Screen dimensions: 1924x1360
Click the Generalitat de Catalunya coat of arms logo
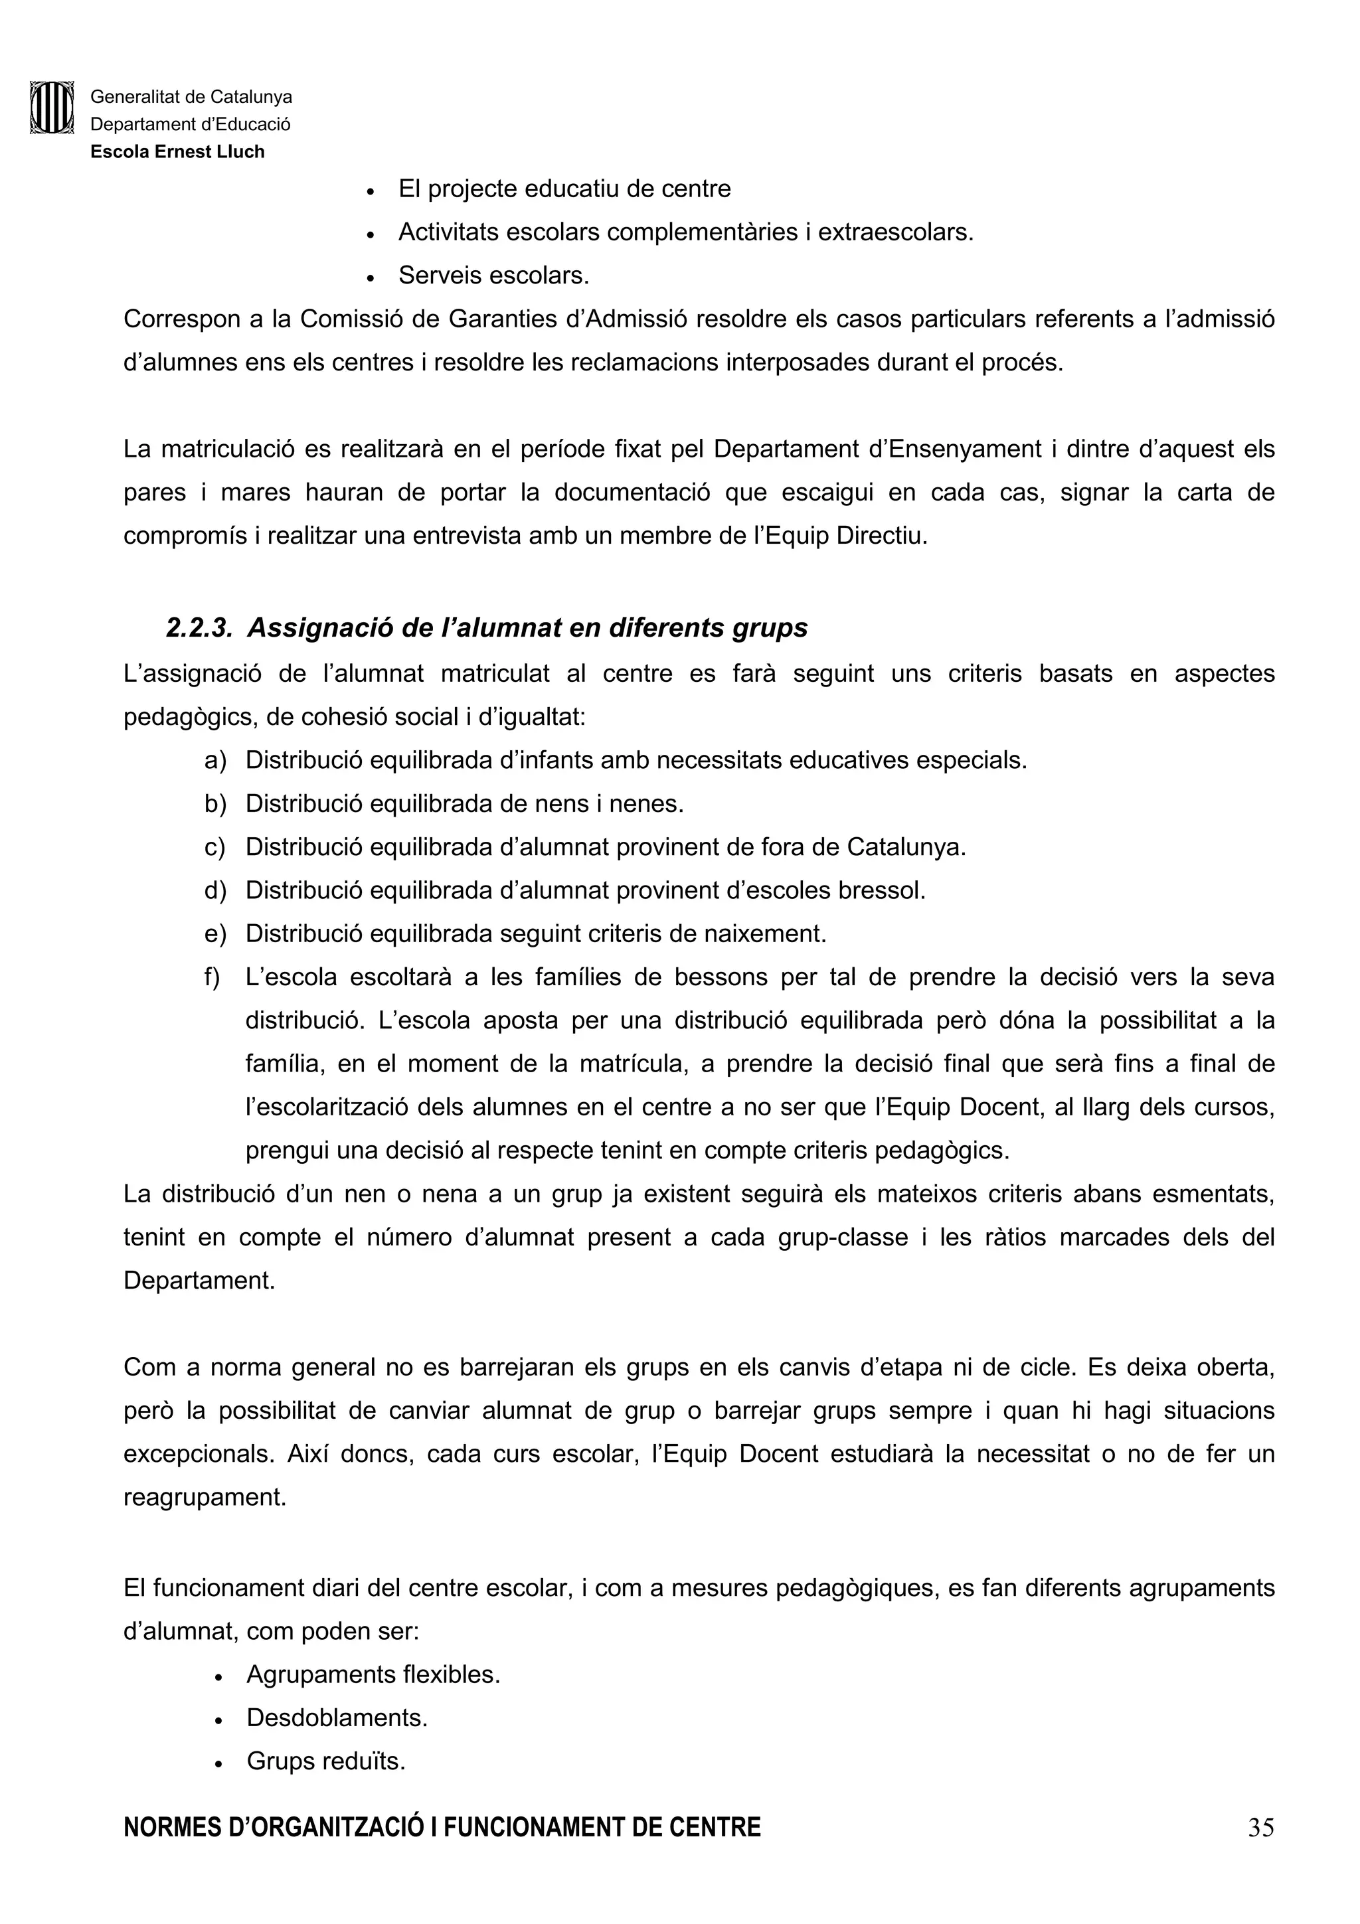click(52, 108)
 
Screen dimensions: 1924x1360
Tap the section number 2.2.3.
click(199, 627)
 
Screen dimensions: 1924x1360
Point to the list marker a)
click(215, 761)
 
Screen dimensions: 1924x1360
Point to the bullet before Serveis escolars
click(371, 278)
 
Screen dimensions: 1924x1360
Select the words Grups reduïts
click(326, 1761)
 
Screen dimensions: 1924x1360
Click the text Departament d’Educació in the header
click(190, 125)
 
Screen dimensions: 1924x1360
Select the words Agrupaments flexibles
click(373, 1674)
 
